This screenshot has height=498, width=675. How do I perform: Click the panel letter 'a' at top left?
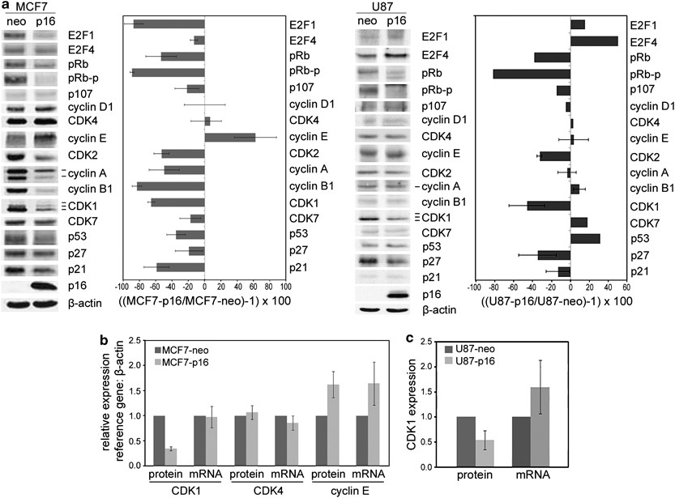tap(5, 6)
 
